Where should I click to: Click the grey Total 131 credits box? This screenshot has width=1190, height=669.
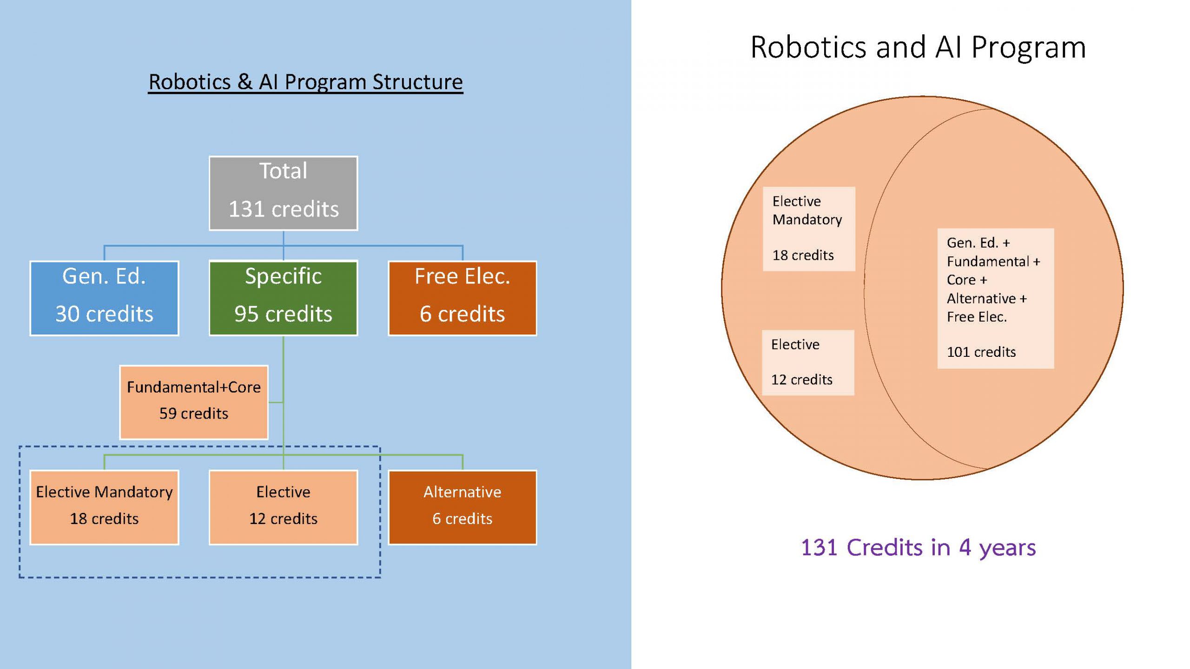[283, 193]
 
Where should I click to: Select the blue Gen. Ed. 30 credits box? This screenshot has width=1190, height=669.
[104, 298]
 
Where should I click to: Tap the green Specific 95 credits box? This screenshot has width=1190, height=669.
[283, 298]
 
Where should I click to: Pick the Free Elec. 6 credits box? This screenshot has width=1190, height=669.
[462, 298]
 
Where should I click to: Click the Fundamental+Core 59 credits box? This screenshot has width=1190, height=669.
[194, 402]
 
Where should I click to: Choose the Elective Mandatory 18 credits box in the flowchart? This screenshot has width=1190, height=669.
[104, 507]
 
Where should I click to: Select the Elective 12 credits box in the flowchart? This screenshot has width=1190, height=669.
[283, 507]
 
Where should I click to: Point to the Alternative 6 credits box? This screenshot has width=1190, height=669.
[462, 507]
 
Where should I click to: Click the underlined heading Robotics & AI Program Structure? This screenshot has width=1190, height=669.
[305, 82]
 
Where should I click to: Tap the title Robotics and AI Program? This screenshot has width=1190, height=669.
[918, 47]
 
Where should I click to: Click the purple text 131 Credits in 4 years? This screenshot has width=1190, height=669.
[918, 547]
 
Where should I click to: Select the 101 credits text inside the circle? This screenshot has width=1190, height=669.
[981, 352]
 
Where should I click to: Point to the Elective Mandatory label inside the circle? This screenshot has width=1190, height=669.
[807, 210]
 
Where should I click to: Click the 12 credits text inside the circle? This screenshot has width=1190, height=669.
[801, 380]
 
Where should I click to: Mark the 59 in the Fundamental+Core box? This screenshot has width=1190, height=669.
[167, 413]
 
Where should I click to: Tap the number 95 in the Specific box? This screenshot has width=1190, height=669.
[246, 314]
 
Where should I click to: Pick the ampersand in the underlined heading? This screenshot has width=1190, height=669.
[245, 82]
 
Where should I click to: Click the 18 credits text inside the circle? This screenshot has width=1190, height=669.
[803, 255]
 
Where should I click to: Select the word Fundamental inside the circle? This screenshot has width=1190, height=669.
[988, 262]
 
